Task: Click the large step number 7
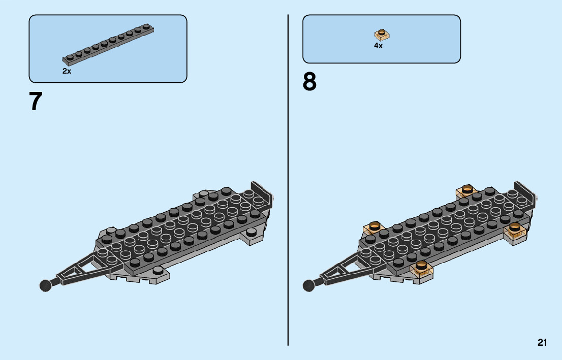tap(36, 102)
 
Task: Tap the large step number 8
tap(309, 82)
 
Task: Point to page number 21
tap(542, 343)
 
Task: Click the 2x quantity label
tap(67, 72)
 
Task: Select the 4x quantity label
tap(378, 46)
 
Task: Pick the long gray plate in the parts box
tap(108, 44)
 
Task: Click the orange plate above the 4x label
tap(382, 35)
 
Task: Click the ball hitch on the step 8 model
tap(308, 285)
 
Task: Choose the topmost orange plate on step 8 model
tap(466, 191)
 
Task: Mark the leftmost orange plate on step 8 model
tap(373, 228)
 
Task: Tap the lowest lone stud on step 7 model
tap(158, 270)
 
